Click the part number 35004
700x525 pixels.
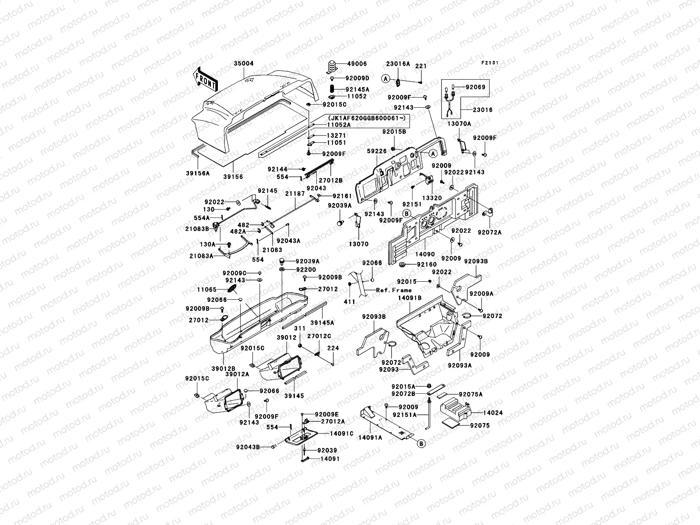click(x=243, y=63)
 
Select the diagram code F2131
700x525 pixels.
click(x=490, y=63)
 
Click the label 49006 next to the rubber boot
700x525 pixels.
click(x=358, y=64)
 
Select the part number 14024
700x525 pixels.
click(x=480, y=412)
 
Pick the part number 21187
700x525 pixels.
click(x=294, y=193)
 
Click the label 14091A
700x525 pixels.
click(x=370, y=437)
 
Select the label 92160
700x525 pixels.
click(x=427, y=264)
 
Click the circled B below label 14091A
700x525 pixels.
click(x=421, y=444)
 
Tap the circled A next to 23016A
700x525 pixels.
click(x=385, y=79)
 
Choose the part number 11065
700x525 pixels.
click(x=206, y=290)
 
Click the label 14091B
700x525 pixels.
click(x=409, y=297)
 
